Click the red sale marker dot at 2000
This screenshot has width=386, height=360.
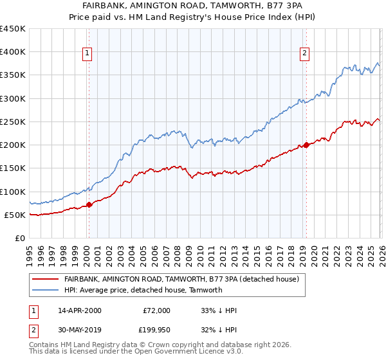[89, 204]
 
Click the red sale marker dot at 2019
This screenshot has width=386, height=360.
[306, 145]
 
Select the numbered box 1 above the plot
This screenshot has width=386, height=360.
[87, 54]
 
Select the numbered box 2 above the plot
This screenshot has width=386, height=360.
[304, 54]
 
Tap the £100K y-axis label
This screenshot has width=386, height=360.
[13, 192]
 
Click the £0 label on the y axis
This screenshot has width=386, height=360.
[19, 238]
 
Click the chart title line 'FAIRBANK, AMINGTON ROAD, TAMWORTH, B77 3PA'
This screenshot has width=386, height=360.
[193, 6]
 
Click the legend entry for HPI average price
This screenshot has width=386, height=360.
[143, 290]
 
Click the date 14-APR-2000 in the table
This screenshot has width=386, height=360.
[79, 310]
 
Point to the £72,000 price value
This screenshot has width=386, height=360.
[156, 310]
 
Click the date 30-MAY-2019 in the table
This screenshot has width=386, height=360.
[79, 330]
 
